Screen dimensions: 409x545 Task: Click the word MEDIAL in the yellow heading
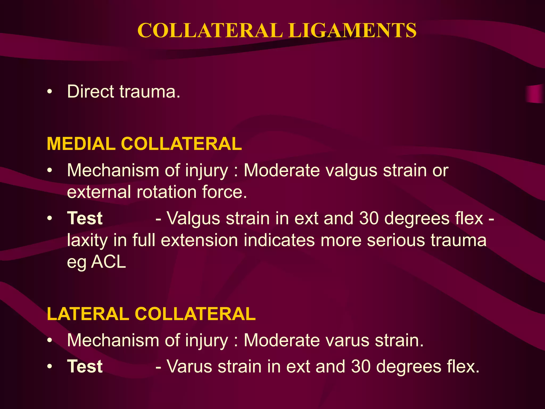point(81,144)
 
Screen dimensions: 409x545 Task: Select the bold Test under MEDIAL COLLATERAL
point(85,218)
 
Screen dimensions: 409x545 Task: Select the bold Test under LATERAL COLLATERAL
point(85,366)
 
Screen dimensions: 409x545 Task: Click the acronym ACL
point(108,262)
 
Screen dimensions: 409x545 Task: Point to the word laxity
point(87,240)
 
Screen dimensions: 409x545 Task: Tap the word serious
point(396,240)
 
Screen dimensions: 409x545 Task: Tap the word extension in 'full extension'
point(199,240)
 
